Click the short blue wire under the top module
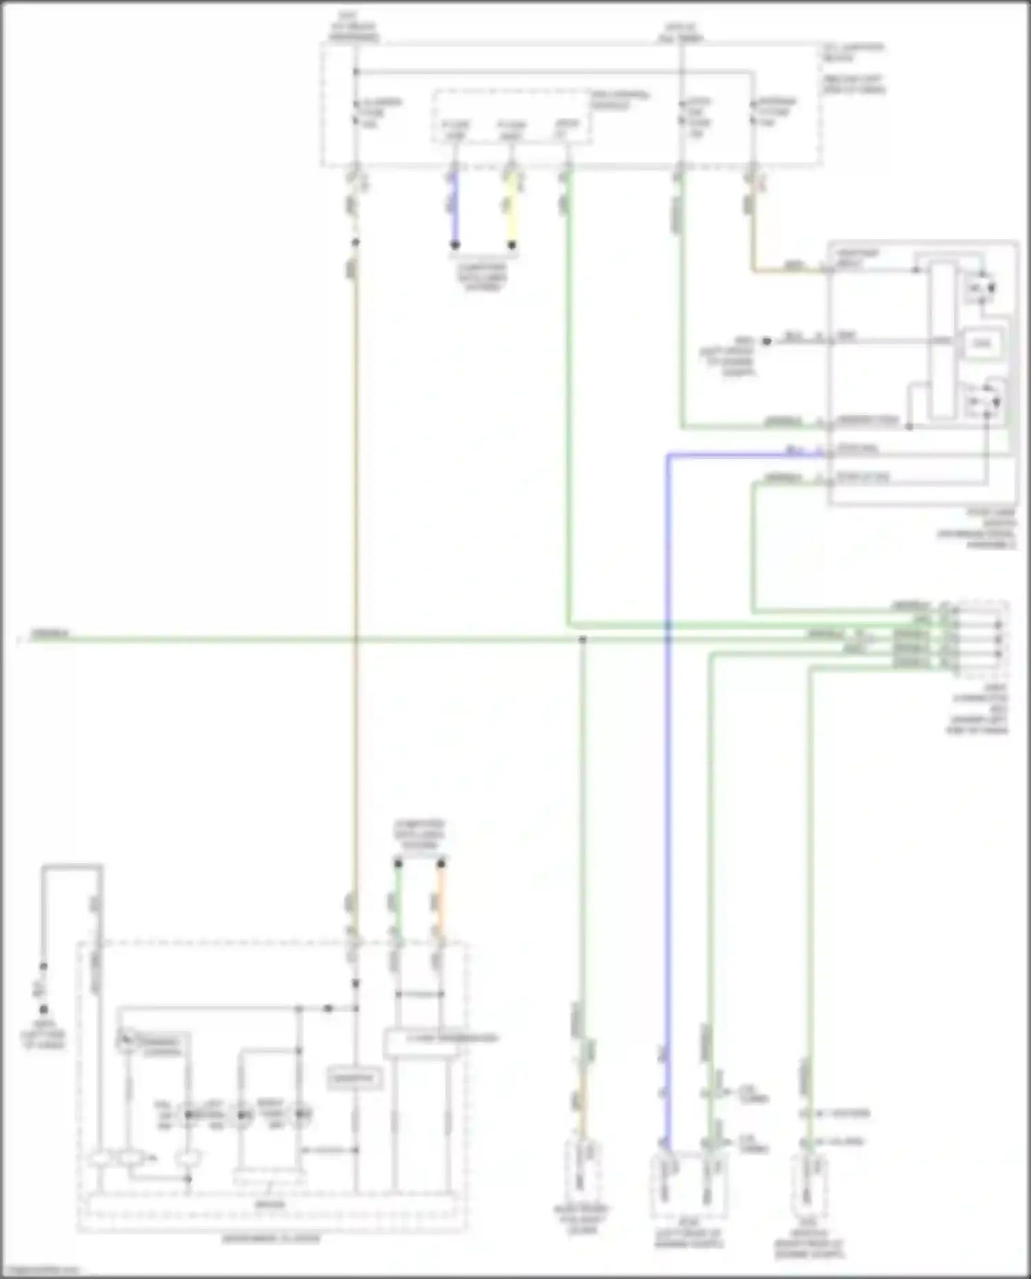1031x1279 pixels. tap(454, 210)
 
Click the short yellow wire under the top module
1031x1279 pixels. tap(511, 210)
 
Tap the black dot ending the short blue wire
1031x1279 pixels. tap(454, 245)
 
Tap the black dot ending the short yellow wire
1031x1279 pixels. tap(511, 245)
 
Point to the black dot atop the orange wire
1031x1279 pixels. tap(441, 864)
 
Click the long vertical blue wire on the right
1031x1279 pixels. tap(667, 756)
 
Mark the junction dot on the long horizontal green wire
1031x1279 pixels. tap(582, 640)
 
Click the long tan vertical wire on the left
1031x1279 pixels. tap(355, 550)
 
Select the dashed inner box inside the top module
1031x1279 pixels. tap(511, 118)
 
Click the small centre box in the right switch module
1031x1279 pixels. tap(982, 344)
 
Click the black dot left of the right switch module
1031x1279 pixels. tap(766, 341)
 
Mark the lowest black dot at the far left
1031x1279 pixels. tap(43, 1010)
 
